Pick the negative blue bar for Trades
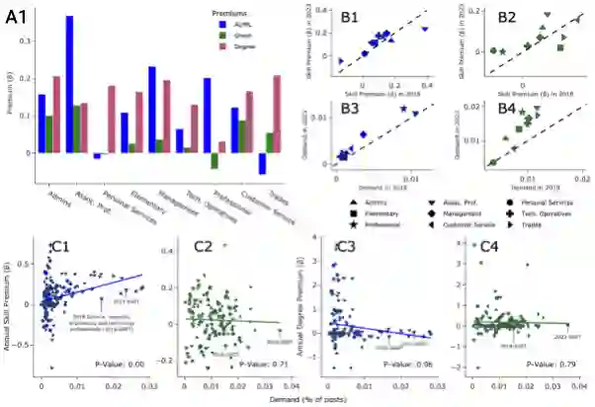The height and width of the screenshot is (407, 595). pos(262,164)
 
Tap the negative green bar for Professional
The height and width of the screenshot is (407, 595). pos(214,161)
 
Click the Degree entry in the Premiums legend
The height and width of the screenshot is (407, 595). pos(248,45)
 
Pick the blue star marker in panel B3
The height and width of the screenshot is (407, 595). pos(403,109)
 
